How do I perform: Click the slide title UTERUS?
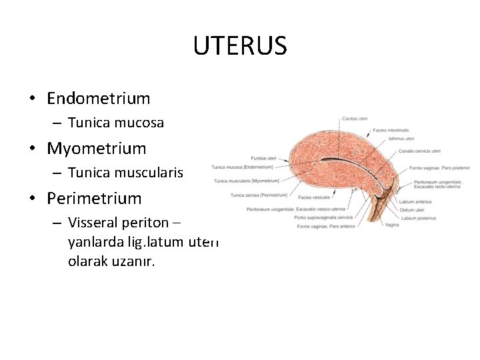pyautogui.click(x=240, y=46)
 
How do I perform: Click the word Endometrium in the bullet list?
pyautogui.click(x=99, y=99)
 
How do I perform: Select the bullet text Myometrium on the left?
pyautogui.click(x=96, y=148)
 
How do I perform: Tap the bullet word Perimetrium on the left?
pyautogui.click(x=94, y=198)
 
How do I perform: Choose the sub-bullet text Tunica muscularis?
pyautogui.click(x=125, y=173)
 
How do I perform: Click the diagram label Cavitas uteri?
pyautogui.click(x=355, y=119)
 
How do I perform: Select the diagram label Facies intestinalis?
pyautogui.click(x=391, y=130)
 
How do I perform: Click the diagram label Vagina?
pyautogui.click(x=393, y=225)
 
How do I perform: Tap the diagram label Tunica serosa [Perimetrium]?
pyautogui.click(x=259, y=195)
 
